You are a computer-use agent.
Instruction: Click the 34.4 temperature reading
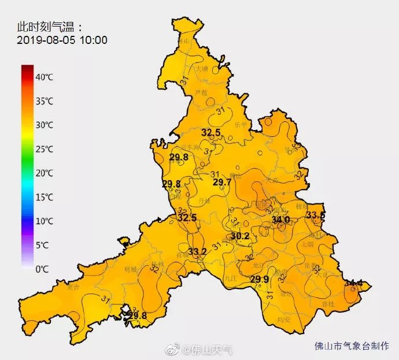[x=353, y=283]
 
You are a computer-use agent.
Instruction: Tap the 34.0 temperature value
[x=280, y=220]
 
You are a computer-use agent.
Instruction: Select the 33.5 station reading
[x=316, y=215]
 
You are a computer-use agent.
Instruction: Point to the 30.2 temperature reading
[x=239, y=236]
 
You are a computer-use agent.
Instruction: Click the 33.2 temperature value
[x=197, y=251]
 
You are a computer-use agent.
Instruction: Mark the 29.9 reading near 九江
[x=260, y=279]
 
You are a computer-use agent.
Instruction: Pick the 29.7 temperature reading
[x=222, y=182]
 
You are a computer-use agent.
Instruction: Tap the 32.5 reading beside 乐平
[x=211, y=133]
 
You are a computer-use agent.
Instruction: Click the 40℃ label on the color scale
[x=45, y=77]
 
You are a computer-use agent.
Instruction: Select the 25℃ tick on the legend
[x=45, y=149]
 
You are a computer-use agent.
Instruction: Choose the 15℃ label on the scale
[x=45, y=197]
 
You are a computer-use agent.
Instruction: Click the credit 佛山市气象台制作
[x=352, y=346]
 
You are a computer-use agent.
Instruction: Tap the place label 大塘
[x=201, y=68]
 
